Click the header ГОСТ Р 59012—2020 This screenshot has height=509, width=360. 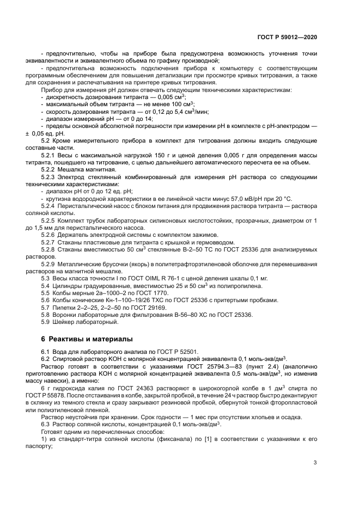pos(287,36)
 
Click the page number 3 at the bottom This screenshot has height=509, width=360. pos(315,464)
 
